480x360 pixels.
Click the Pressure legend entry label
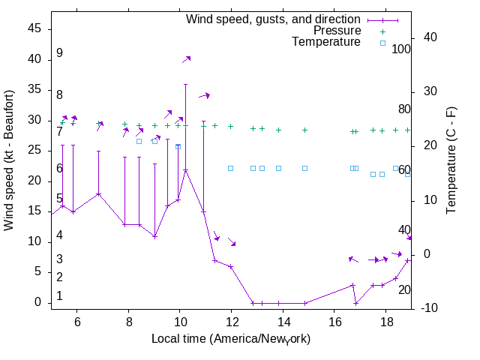[x=337, y=31]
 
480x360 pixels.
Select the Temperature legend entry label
[x=326, y=42]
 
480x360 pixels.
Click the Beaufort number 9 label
[x=59, y=53]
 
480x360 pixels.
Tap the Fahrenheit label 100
[x=401, y=49]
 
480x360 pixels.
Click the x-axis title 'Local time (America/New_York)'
[x=231, y=339]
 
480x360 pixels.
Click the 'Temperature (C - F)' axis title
[x=451, y=160]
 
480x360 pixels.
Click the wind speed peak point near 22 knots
[x=185, y=169]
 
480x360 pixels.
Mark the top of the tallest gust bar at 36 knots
[x=185, y=84]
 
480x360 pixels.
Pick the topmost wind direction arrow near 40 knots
[x=186, y=58]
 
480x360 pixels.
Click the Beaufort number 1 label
[x=59, y=296]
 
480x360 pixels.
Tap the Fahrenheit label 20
[x=404, y=289]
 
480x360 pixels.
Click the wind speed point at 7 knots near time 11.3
[x=214, y=260]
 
